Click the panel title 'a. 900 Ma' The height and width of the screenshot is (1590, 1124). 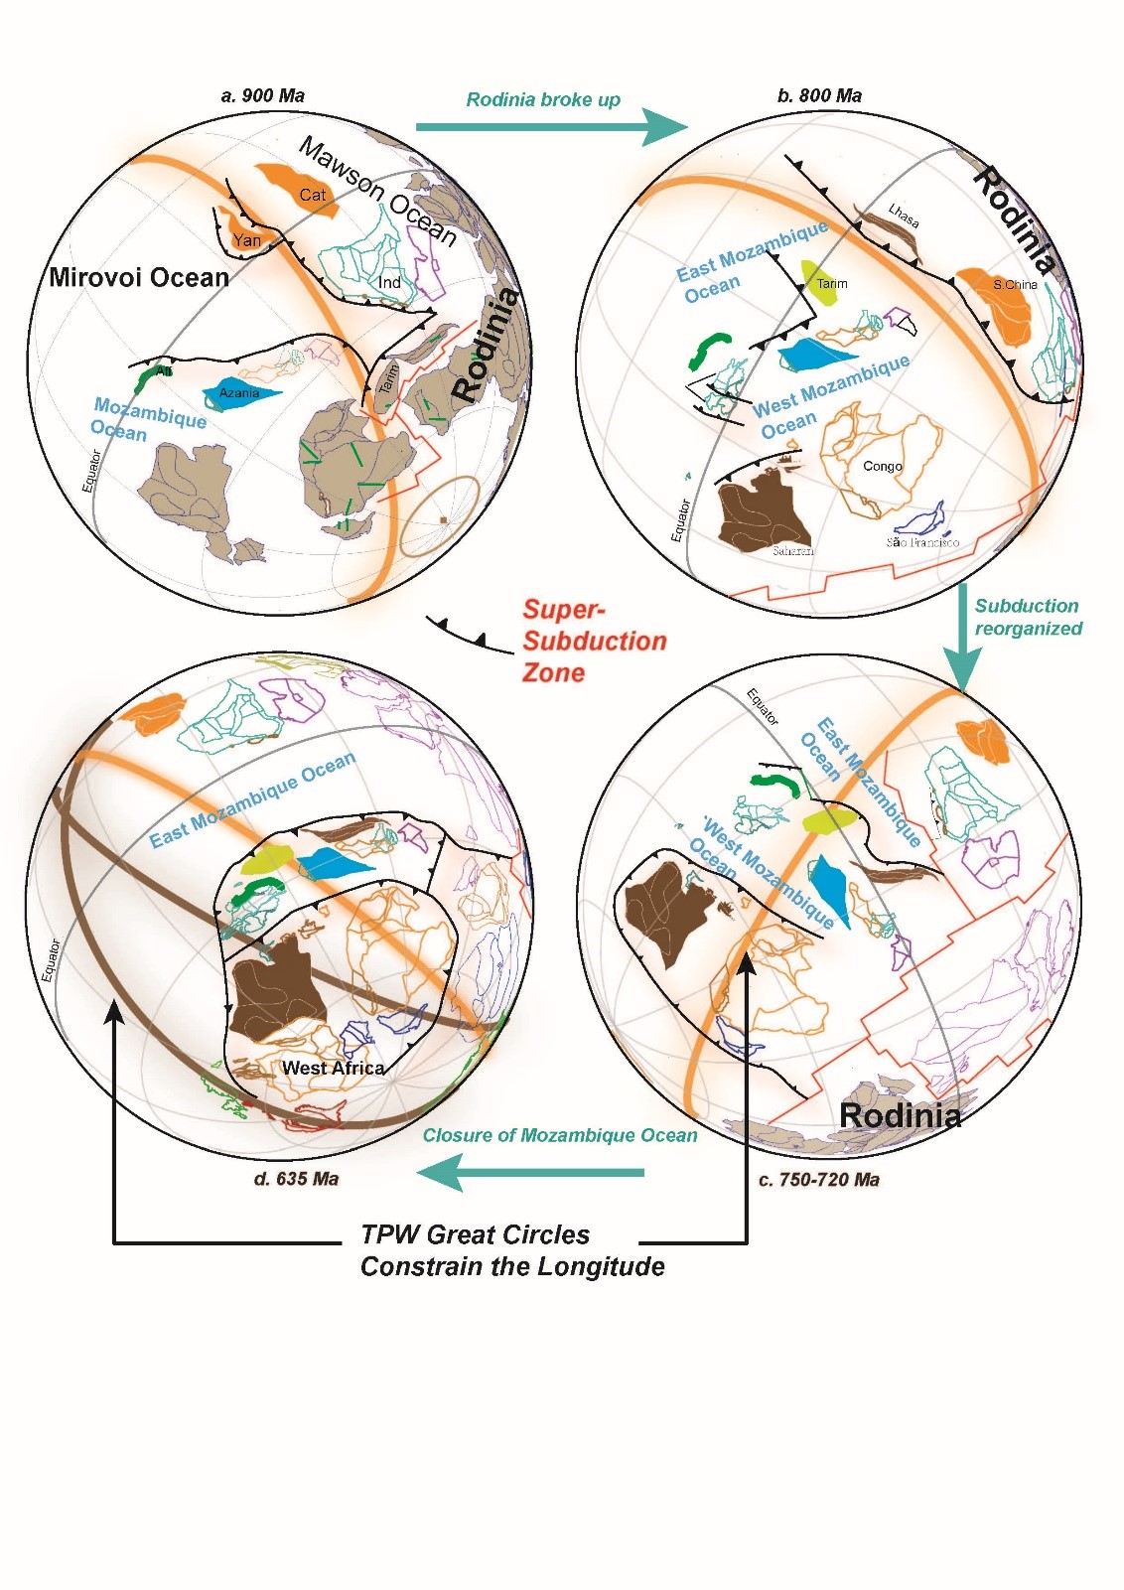262,96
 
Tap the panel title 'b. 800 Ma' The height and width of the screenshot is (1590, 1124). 819,96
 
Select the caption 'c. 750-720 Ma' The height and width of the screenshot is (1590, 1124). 818,1180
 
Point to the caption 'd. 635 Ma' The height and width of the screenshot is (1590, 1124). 296,1179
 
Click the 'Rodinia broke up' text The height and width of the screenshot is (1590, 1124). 543,99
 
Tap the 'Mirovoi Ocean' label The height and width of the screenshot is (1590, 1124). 139,277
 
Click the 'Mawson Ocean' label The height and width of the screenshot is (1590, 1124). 377,192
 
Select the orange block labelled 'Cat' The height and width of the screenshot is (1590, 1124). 303,191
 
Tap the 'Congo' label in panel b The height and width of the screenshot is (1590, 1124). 883,466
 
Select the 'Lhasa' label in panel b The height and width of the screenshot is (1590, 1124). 904,216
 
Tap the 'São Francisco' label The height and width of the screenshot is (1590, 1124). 922,542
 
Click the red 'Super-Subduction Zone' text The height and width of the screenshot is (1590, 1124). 593,641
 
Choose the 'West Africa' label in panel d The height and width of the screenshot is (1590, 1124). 333,1069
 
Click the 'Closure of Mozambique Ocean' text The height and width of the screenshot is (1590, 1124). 560,1135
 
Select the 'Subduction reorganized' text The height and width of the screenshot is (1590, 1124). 1028,617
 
